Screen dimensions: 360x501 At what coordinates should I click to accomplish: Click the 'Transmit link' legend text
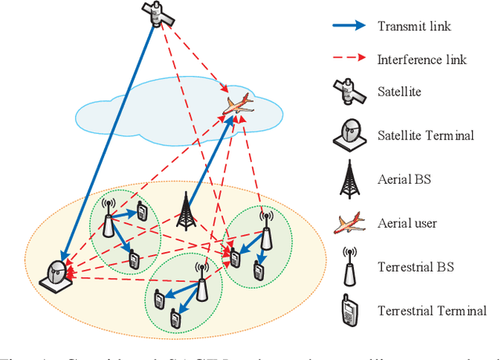tap(414, 26)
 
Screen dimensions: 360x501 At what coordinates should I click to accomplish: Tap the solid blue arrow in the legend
tap(347, 25)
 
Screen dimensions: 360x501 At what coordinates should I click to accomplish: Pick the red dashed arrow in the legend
tap(347, 59)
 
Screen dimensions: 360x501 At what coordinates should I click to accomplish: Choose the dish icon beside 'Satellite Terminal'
tap(348, 135)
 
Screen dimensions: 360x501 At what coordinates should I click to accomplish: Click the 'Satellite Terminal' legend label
tap(426, 135)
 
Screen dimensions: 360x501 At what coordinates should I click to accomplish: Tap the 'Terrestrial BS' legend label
tap(416, 267)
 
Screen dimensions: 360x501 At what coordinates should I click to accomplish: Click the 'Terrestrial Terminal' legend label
tap(431, 311)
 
